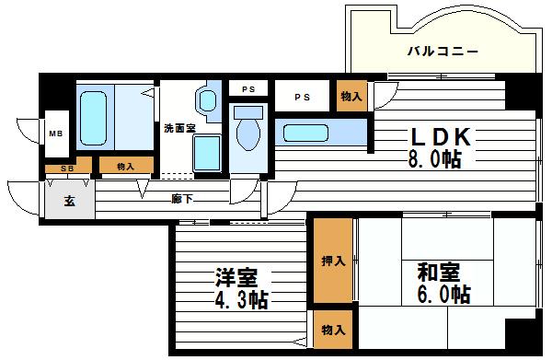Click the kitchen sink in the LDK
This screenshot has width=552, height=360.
click(313, 133)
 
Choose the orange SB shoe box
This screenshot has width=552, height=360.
click(68, 168)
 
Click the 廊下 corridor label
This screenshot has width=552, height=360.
click(182, 199)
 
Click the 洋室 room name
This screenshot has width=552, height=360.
click(236, 277)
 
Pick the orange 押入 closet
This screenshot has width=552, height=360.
click(333, 261)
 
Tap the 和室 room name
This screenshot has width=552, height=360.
click(438, 273)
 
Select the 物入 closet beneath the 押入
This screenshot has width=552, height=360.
click(333, 329)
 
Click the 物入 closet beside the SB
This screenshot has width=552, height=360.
click(126, 167)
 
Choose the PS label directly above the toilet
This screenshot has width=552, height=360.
click(248, 89)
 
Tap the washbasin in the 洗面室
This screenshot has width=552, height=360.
click(208, 99)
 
